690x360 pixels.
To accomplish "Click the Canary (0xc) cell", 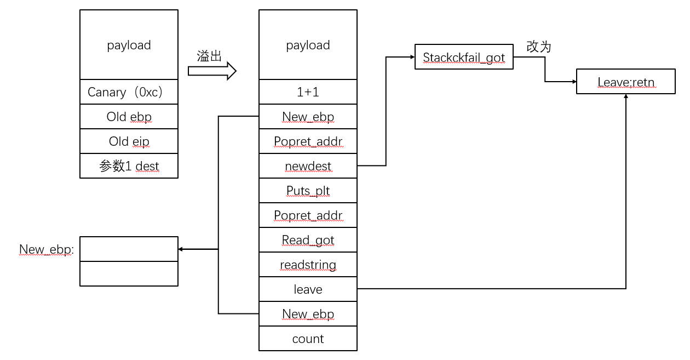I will pyautogui.click(x=129, y=92).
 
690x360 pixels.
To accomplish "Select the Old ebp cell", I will pyautogui.click(x=129, y=117).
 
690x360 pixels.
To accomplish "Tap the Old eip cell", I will pyautogui.click(x=129, y=141).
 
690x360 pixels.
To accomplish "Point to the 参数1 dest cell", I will pyautogui.click(x=129, y=166).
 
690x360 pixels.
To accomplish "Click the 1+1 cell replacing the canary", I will pyautogui.click(x=308, y=92).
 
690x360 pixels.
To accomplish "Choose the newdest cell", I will pyautogui.click(x=308, y=166).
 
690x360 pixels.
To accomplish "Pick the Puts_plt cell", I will pyautogui.click(x=308, y=191).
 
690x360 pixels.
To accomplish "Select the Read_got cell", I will pyautogui.click(x=308, y=240).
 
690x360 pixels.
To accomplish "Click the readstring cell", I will pyautogui.click(x=308, y=265).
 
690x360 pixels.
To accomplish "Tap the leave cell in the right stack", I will pyautogui.click(x=308, y=289).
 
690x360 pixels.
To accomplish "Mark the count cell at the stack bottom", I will pyautogui.click(x=308, y=339).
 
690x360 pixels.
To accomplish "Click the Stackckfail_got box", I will pyautogui.click(x=464, y=57).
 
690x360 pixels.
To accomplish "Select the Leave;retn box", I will pyautogui.click(x=625, y=82).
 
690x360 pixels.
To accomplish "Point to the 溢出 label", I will pyautogui.click(x=209, y=56).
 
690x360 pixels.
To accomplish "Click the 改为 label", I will pyautogui.click(x=538, y=47).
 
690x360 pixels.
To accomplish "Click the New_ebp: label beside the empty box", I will pyautogui.click(x=46, y=250).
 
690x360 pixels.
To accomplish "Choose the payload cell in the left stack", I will pyautogui.click(x=129, y=45).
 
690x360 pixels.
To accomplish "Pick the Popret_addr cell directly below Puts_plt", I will pyautogui.click(x=308, y=215).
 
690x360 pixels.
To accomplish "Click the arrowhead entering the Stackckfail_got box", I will pyautogui.click(x=411, y=57).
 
